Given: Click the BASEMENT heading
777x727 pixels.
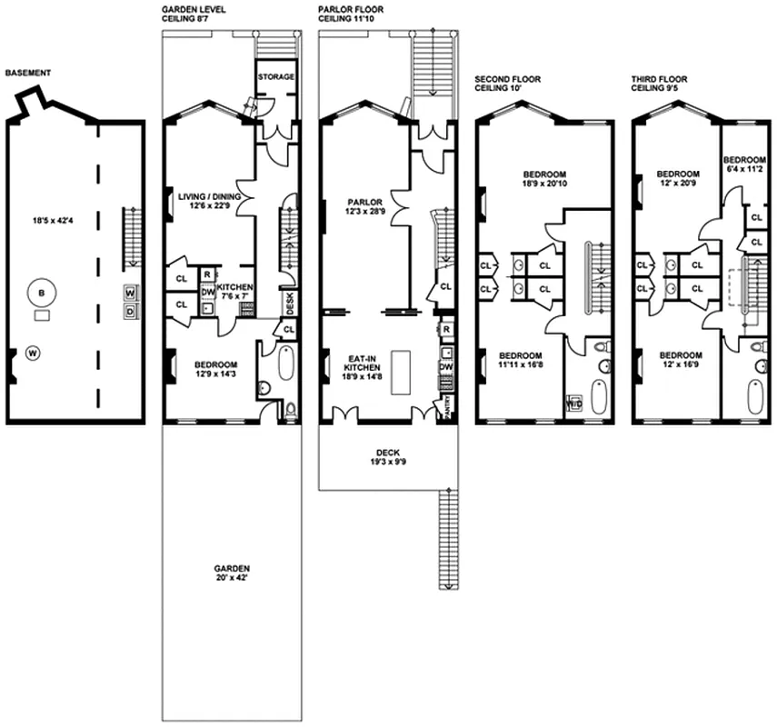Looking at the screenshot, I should (26, 73).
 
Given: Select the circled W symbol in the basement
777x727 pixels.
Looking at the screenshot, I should (32, 352).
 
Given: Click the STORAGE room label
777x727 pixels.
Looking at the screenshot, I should (275, 77).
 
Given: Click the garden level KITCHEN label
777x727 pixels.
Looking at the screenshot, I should (234, 287).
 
